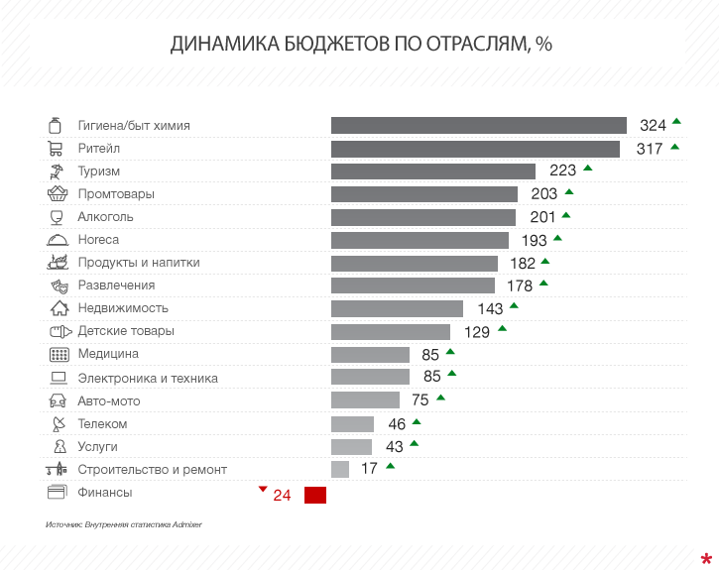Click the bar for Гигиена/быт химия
pyautogui.click(x=478, y=125)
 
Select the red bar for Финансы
pyautogui.click(x=314, y=495)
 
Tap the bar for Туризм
pyautogui.click(x=432, y=171)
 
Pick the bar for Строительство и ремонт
pyautogui.click(x=339, y=469)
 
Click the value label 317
pyautogui.click(x=650, y=149)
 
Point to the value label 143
pyautogui.click(x=490, y=309)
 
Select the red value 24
pyautogui.click(x=282, y=496)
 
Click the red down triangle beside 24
pyautogui.click(x=262, y=489)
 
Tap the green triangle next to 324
pyautogui.click(x=676, y=121)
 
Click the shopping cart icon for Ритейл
pyautogui.click(x=57, y=149)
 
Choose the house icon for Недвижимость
pyautogui.click(x=59, y=308)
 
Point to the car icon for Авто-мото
pyautogui.click(x=58, y=400)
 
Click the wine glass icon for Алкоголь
pyautogui.click(x=57, y=217)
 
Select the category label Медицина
pyautogui.click(x=108, y=354)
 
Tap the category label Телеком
pyautogui.click(x=102, y=423)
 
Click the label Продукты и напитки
pyautogui.click(x=139, y=263)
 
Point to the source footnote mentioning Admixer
pyautogui.click(x=123, y=523)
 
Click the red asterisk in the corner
pyautogui.click(x=705, y=558)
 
